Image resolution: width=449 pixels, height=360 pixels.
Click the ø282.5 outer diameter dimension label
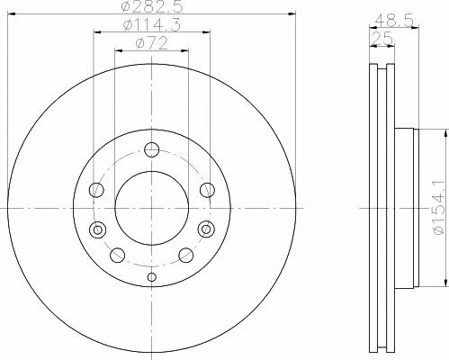tap(152, 6)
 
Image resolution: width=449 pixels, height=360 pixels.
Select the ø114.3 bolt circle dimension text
tap(152, 25)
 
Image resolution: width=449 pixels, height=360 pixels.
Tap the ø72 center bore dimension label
tap(151, 44)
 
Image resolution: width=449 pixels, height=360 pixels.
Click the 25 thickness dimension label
tap(382, 39)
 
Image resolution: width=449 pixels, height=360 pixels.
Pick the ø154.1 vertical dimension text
tap(438, 208)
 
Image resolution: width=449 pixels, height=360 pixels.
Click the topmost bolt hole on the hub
tap(151, 149)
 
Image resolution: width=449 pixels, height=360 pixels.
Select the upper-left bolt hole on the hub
tap(96, 190)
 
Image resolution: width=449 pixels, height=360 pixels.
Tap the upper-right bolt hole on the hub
tap(207, 190)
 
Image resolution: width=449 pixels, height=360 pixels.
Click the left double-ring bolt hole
tap(97, 229)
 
